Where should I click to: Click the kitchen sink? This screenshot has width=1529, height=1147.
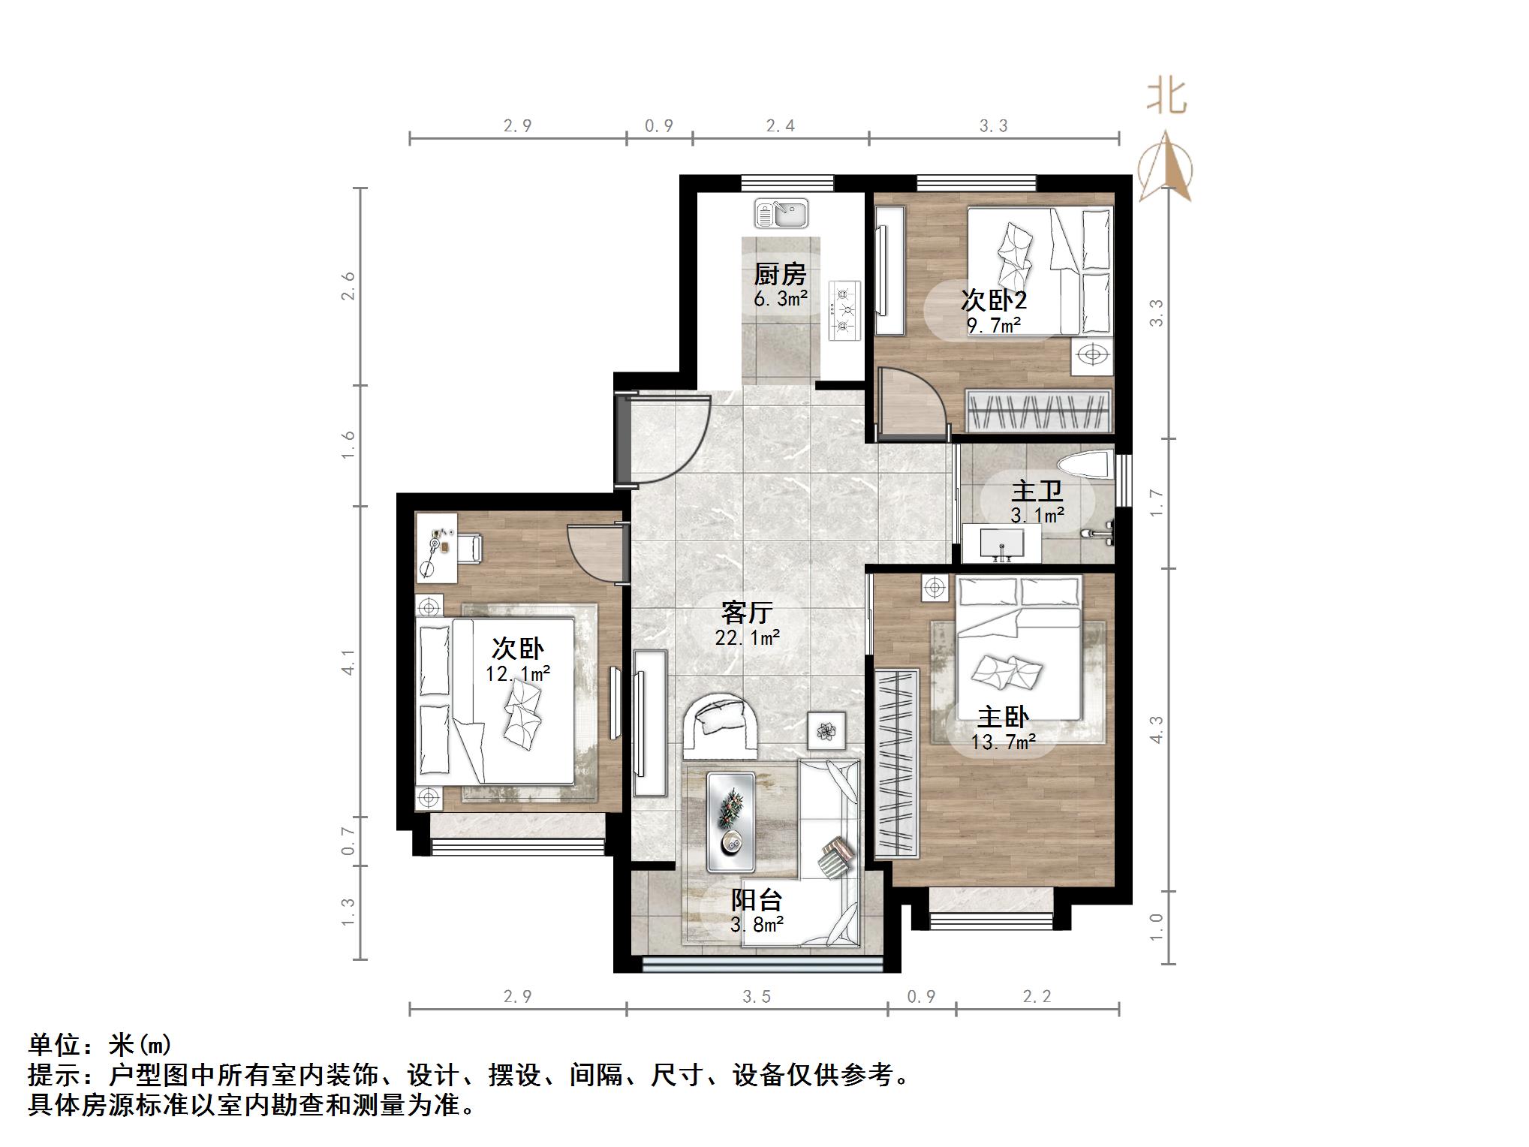pyautogui.click(x=781, y=213)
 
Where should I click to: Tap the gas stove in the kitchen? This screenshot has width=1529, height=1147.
pyautogui.click(x=844, y=310)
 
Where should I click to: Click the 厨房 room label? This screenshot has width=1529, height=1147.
pyautogui.click(x=780, y=274)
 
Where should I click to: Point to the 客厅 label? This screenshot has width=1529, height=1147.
pyautogui.click(x=746, y=613)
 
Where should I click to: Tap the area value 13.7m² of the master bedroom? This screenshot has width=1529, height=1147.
pyautogui.click(x=1003, y=742)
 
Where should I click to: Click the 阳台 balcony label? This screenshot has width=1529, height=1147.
pyautogui.click(x=757, y=899)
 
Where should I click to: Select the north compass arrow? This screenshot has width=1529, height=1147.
pyautogui.click(x=1164, y=167)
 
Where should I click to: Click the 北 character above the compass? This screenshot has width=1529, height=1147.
pyautogui.click(x=1166, y=97)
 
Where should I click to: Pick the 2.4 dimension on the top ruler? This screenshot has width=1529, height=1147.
pyautogui.click(x=780, y=125)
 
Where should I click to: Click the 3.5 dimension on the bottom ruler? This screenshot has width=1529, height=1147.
pyautogui.click(x=757, y=996)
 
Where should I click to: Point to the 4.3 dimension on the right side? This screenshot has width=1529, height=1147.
pyautogui.click(x=1156, y=729)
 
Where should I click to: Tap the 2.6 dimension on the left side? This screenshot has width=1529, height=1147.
pyautogui.click(x=348, y=286)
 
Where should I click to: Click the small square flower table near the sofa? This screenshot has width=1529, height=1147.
pyautogui.click(x=826, y=730)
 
